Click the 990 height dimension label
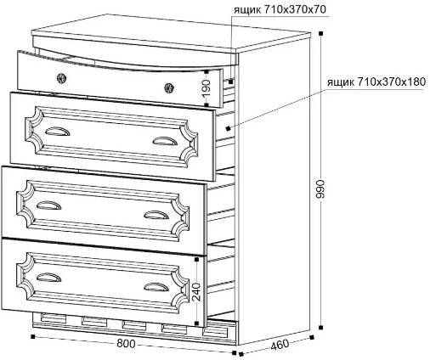click(320, 188)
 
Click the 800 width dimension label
click(127, 344)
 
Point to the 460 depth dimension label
click(280, 344)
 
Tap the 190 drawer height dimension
click(207, 87)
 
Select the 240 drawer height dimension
click(196, 292)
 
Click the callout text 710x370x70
click(295, 10)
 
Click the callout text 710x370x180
click(391, 82)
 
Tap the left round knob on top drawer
click(61, 78)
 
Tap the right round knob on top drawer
click(169, 87)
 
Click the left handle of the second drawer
click(58, 132)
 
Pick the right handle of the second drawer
click(165, 142)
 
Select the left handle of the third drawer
click(48, 205)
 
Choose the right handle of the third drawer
click(156, 215)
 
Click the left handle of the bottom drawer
click(48, 278)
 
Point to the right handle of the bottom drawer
click(156, 287)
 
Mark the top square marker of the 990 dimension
click(320, 33)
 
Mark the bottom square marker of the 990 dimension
click(320, 328)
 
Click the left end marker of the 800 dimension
click(33, 336)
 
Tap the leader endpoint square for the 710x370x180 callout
click(228, 129)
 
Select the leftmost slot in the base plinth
click(54, 318)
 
